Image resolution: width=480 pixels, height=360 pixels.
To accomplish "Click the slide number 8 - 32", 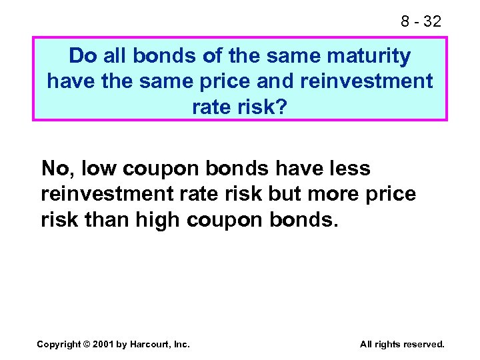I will [x=421, y=21].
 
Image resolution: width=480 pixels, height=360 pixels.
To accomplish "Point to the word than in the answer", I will [x=110, y=219].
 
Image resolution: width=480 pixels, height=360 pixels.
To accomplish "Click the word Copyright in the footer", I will [x=59, y=344].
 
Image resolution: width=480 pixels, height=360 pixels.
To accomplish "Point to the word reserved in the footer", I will [x=423, y=344].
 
